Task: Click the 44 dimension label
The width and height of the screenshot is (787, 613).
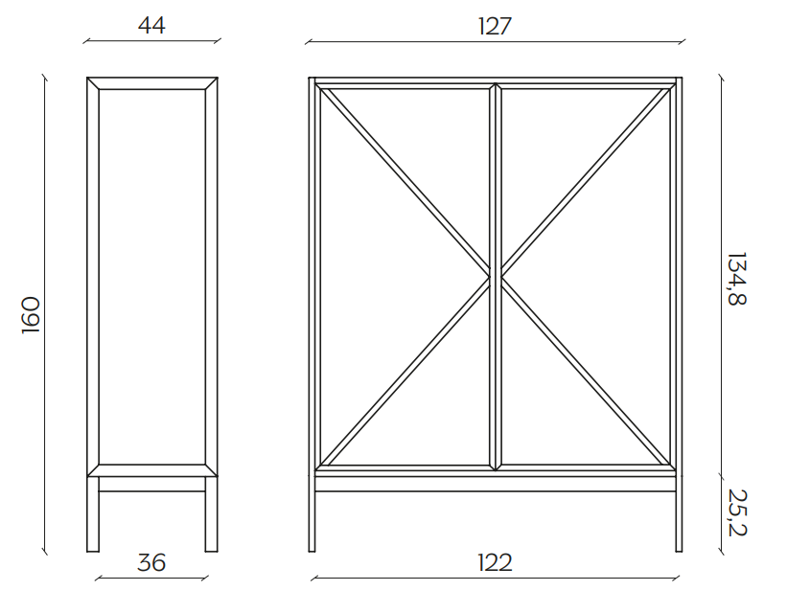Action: pos(151,26)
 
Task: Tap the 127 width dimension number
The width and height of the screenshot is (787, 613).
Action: pos(495,26)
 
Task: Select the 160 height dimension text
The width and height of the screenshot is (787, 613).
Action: pos(31,315)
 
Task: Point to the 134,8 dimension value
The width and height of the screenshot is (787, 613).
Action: pos(737,279)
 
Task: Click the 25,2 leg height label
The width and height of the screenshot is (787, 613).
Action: pos(737,512)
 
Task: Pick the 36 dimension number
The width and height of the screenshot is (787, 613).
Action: pos(151,563)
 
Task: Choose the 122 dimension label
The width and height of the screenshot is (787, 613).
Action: pos(495,563)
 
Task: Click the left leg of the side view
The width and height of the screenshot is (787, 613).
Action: pos(93,514)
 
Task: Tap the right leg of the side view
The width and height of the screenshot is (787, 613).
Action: pos(211,514)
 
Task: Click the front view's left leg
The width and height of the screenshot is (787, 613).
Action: pos(312,514)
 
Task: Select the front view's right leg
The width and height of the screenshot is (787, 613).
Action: pos(679,514)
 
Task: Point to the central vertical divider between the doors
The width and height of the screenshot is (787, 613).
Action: pos(496,277)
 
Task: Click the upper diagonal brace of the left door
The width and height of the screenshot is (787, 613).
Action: pos(405,182)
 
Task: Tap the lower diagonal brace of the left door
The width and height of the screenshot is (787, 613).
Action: pos(405,372)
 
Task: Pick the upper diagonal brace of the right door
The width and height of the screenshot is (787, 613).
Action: pos(586,182)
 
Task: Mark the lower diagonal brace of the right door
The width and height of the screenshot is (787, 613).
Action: pos(586,372)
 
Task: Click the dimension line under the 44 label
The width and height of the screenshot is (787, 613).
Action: pos(151,41)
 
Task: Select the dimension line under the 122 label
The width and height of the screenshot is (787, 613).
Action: pos(495,578)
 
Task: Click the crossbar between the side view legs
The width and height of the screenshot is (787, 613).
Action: pos(152,484)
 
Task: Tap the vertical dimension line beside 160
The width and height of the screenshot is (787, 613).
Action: pos(45,315)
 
